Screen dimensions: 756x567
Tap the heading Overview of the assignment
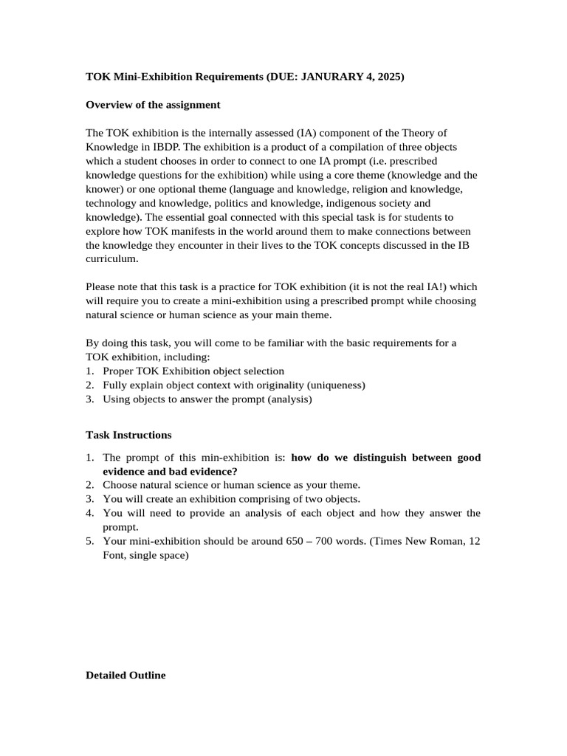tap(153, 105)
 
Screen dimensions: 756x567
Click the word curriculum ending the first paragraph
tap(111, 258)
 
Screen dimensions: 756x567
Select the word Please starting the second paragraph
tap(101, 286)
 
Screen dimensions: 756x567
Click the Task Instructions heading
tap(128, 435)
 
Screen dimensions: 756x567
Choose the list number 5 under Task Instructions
tap(89, 540)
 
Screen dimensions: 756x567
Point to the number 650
tap(295, 540)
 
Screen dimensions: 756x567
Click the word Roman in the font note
tap(447, 540)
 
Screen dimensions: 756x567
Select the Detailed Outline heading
tap(126, 675)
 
